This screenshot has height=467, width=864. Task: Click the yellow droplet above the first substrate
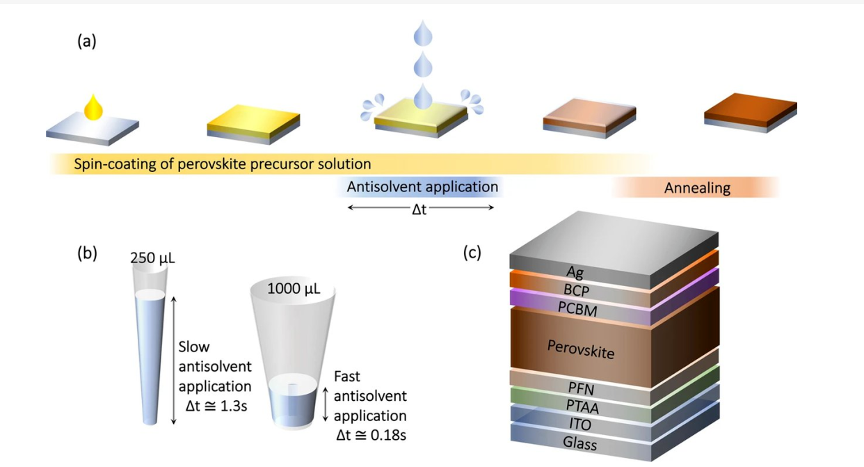tap(93, 108)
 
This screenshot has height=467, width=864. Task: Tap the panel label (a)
tap(86, 41)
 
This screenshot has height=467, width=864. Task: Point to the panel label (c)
tap(472, 253)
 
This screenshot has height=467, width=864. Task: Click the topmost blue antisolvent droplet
tap(423, 33)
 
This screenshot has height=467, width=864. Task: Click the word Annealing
tap(697, 188)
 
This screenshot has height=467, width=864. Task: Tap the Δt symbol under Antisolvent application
tap(419, 209)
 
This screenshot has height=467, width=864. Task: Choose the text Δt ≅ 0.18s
tap(369, 436)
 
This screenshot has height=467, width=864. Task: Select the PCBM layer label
tap(577, 308)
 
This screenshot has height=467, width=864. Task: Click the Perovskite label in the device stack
tap(581, 349)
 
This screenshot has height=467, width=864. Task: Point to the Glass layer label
tap(579, 443)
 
